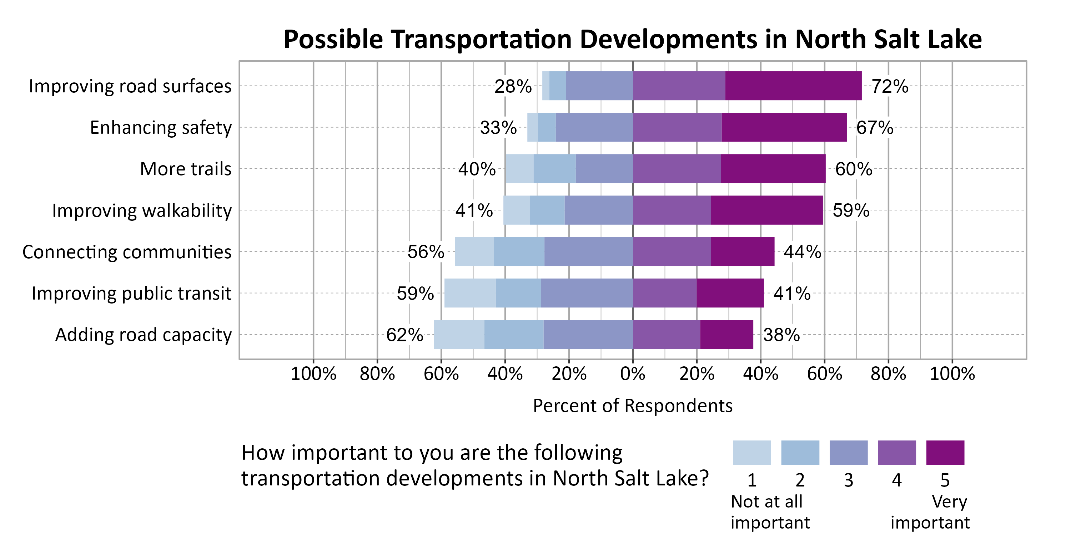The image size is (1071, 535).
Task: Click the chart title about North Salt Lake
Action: coord(632,40)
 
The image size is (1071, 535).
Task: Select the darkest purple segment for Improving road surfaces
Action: coord(793,86)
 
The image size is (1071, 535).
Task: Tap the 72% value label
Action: coord(889,86)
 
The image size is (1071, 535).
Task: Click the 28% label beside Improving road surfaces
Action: coord(513,86)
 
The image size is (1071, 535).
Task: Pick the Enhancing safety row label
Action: coord(161,128)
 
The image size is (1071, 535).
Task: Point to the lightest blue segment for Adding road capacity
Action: coord(459,335)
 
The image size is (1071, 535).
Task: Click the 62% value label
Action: coord(404,335)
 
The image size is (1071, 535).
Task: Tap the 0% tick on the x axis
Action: coord(632,374)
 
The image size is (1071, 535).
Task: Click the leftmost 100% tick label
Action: coord(313,374)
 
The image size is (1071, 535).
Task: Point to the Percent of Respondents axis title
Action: coord(632,406)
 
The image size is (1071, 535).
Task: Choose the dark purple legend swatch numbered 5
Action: coord(945,452)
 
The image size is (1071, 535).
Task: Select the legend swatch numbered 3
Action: coord(848,452)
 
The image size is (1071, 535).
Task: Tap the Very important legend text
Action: coord(930,512)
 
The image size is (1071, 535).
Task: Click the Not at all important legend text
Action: coord(770,512)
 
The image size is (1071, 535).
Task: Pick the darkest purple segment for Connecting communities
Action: coord(742,251)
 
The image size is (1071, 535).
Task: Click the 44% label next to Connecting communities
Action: coord(802,252)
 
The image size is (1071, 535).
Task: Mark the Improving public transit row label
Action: coord(131,293)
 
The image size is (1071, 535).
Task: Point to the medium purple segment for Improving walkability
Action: coord(672,210)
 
